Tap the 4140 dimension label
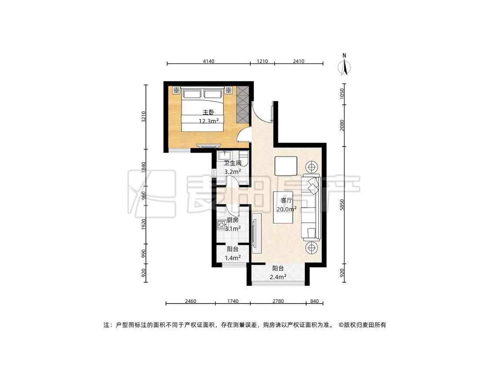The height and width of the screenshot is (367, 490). click(209, 61)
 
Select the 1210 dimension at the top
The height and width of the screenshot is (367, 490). click(262, 61)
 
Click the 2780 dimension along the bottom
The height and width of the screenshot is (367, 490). click(278, 301)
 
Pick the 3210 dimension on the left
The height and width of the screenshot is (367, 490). click(143, 117)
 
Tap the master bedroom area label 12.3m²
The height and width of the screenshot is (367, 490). click(209, 121)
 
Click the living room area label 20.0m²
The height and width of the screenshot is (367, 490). click(286, 209)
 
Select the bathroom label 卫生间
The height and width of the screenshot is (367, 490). click(233, 163)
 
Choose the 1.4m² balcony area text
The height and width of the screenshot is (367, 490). click(233, 258)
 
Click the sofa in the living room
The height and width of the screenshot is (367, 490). click(311, 207)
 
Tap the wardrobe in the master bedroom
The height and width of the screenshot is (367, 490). click(243, 104)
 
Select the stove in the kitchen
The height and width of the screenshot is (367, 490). click(222, 224)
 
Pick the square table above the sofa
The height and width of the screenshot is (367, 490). click(286, 166)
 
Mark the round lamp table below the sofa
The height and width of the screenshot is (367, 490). click(311, 248)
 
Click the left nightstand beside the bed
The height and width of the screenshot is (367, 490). click(176, 90)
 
